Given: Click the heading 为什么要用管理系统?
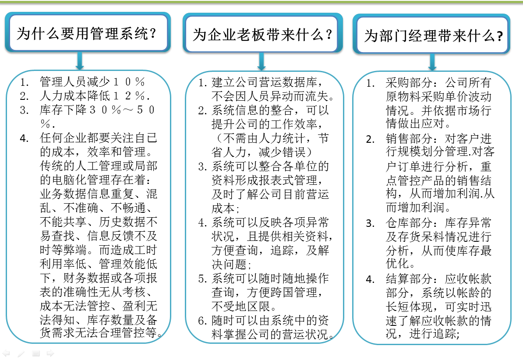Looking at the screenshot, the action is point(86,33).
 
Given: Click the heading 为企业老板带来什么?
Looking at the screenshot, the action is point(262,34).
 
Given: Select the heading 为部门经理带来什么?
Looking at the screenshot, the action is point(433,35).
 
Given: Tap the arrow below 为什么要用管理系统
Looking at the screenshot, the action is point(79,60).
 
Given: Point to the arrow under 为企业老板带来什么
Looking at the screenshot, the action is point(261,61).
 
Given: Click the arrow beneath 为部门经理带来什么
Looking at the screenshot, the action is point(432,62).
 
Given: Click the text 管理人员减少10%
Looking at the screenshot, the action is point(92,82).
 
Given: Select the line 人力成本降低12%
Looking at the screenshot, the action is point(94,96).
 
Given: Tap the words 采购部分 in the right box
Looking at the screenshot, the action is point(409,82).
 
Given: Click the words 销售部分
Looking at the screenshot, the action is point(409,138).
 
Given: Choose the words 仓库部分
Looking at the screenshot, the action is point(409,222).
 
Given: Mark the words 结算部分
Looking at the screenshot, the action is point(409,279).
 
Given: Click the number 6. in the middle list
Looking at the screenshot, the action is point(202,321).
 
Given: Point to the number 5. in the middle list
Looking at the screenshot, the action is point(202,279).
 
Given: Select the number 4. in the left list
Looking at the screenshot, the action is point(24,138).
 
